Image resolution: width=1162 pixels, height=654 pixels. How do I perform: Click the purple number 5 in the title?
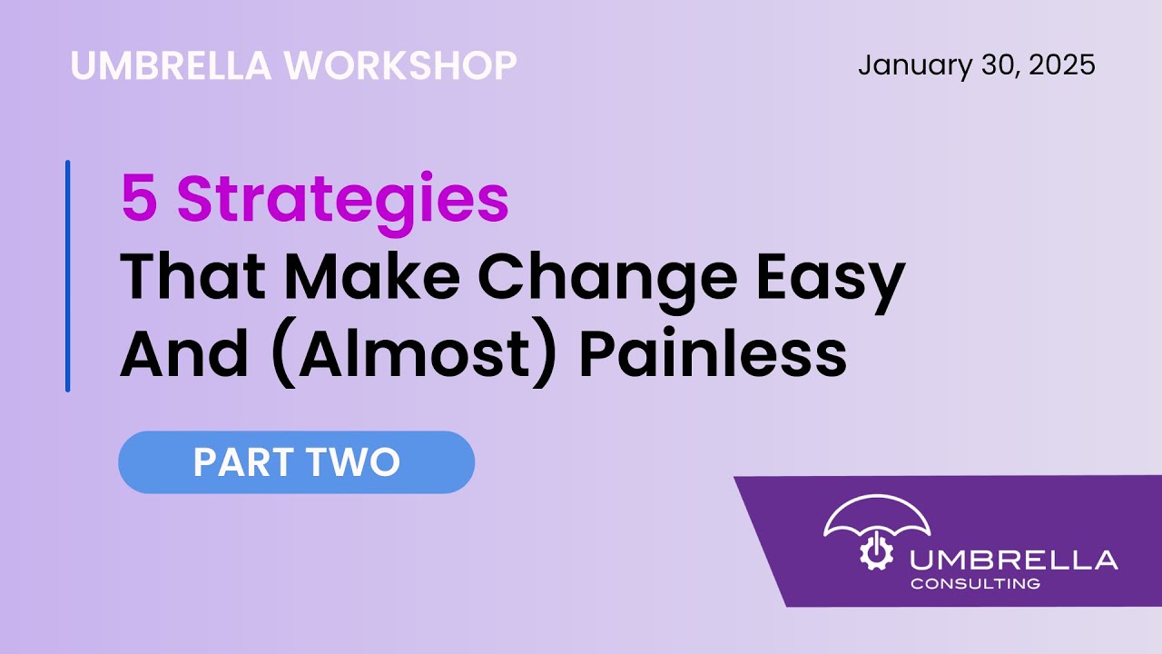[x=138, y=200]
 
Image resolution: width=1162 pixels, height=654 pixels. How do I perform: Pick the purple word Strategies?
[x=343, y=202]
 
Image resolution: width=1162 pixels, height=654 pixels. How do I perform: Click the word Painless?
[x=713, y=354]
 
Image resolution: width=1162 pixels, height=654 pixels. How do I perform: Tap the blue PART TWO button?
[x=296, y=462]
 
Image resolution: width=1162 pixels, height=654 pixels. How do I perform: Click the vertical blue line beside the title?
[x=67, y=276]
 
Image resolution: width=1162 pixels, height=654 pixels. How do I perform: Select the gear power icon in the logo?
[x=876, y=553]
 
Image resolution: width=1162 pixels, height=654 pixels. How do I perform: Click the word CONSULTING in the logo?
[x=975, y=583]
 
